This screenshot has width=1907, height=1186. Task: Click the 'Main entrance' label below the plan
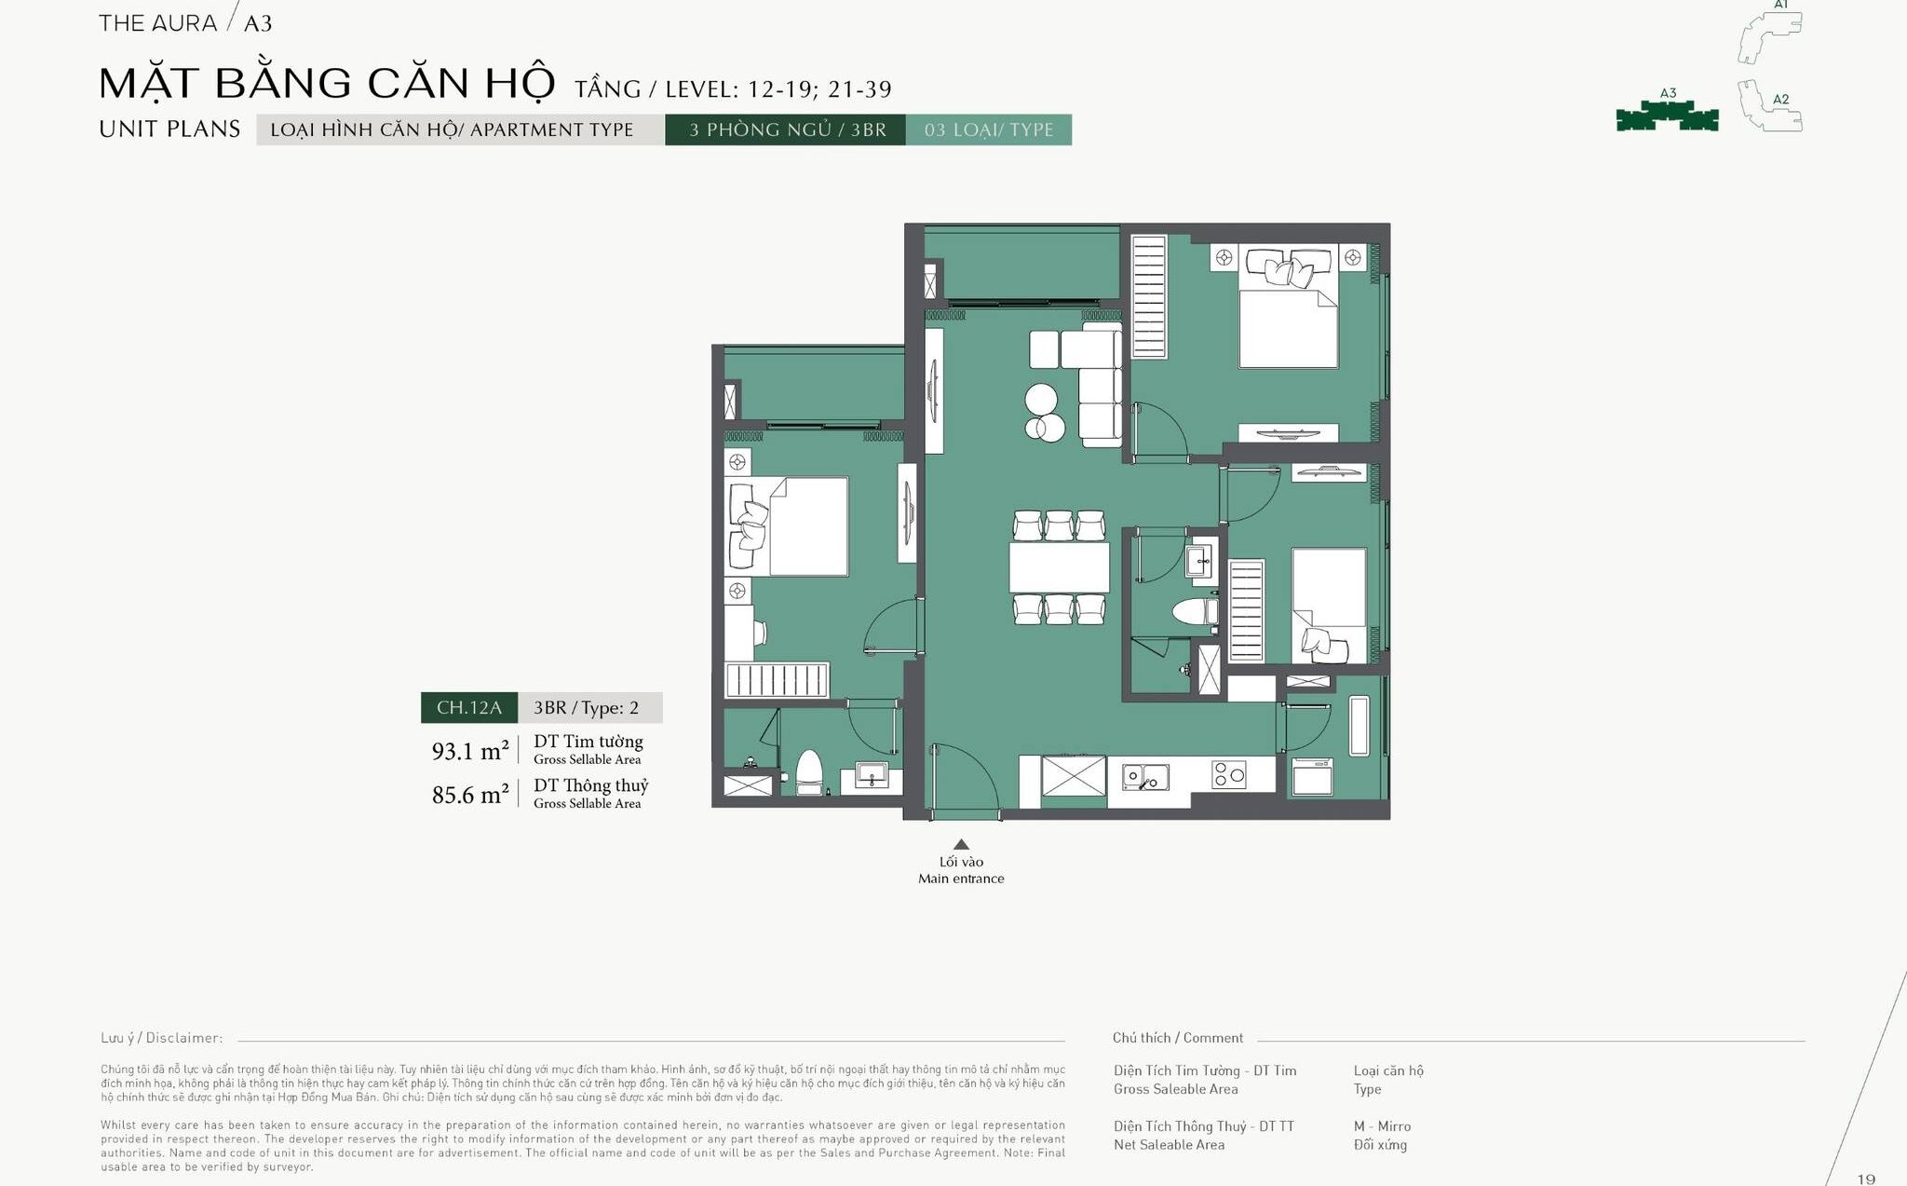point(961,879)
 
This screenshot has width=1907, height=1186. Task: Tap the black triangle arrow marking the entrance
point(962,844)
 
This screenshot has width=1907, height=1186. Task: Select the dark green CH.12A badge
point(469,708)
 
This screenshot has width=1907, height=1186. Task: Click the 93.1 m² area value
point(470,751)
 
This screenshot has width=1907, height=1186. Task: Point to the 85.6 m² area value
point(470,795)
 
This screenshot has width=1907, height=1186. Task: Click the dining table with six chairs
point(1060,567)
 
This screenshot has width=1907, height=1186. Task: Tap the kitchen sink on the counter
point(1145,776)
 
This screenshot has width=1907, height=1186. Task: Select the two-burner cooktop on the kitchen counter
point(1229,774)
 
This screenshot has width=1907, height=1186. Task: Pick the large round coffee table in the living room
point(1041,400)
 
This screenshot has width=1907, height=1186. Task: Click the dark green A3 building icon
point(1667,116)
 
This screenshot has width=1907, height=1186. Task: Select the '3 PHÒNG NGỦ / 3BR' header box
point(785,130)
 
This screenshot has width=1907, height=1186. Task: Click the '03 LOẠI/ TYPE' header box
point(989,130)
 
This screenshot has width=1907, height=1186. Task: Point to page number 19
point(1866,1179)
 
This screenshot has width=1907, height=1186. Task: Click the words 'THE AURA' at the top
point(157,23)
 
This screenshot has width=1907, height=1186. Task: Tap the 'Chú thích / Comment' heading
point(1178,1038)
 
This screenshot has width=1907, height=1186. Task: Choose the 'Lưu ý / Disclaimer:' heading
point(162,1038)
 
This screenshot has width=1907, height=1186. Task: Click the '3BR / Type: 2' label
point(587,708)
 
